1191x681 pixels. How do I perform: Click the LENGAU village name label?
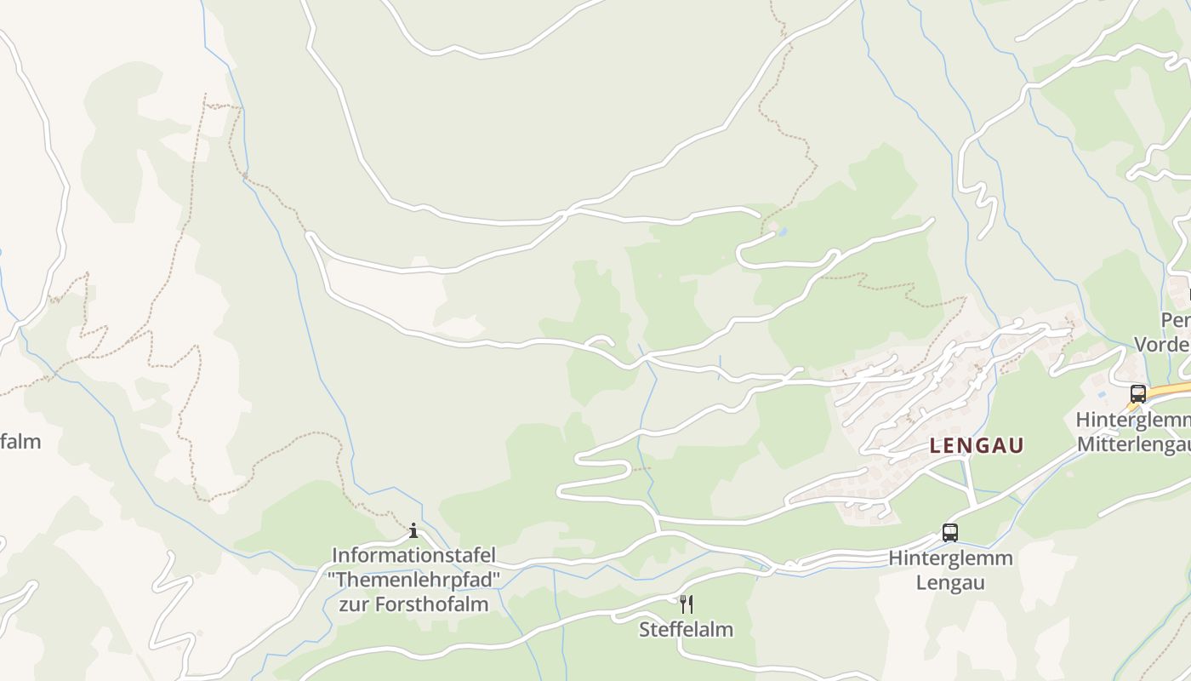(977, 445)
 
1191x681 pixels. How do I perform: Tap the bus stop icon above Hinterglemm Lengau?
(950, 533)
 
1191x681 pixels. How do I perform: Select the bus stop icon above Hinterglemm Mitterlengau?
(1138, 393)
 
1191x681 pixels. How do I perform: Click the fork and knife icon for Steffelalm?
(686, 604)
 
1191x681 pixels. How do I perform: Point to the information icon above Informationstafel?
(413, 531)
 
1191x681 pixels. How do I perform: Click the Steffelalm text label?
(686, 630)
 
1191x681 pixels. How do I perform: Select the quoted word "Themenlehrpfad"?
(413, 581)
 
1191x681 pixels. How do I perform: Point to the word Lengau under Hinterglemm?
(950, 583)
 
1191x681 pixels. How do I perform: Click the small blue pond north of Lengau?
(783, 231)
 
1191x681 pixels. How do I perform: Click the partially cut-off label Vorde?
(1162, 345)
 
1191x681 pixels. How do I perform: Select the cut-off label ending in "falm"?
(20, 442)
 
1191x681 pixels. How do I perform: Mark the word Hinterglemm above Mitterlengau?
(1132, 420)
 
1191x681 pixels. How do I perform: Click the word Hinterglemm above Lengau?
(950, 558)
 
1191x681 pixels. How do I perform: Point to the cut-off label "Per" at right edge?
(1176, 321)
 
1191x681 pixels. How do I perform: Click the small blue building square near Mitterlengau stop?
(1103, 394)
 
